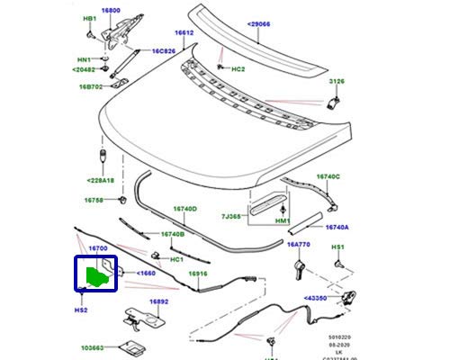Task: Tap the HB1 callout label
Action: (90, 19)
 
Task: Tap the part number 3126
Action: (336, 82)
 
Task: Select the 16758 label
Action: (94, 200)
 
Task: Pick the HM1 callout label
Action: (283, 221)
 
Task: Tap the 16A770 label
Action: (298, 244)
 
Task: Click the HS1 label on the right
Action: (339, 247)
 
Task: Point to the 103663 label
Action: (92, 346)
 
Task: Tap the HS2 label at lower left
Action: (80, 310)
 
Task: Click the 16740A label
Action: (337, 228)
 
